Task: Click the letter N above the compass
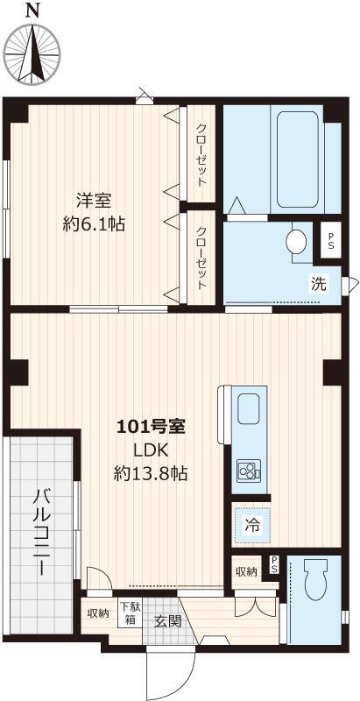pos(32,11)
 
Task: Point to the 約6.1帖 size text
pos(93,223)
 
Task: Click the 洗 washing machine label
pos(319,283)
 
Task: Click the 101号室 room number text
pos(151,428)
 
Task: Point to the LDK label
pos(151,451)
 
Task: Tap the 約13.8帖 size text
pos(151,474)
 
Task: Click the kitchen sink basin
pos(247,410)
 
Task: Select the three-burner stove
pos(247,471)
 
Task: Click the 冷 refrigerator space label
pos(251,526)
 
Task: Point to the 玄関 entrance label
pos(168,621)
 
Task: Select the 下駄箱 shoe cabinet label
pos(129,612)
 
